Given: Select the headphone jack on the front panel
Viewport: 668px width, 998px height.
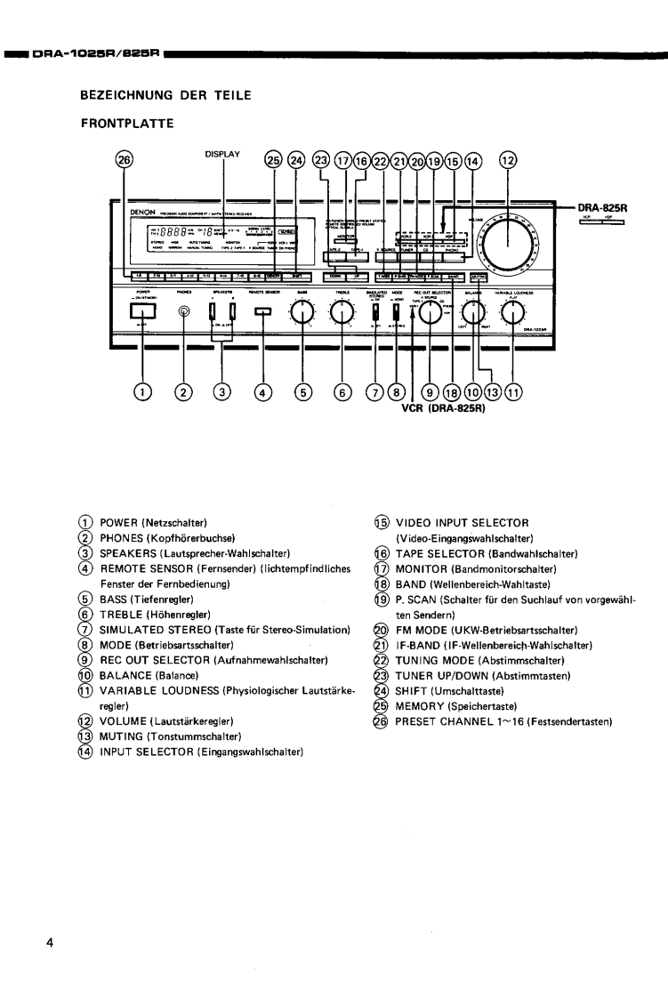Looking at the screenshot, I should coord(185,311).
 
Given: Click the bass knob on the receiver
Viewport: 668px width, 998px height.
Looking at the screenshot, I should coord(303,311).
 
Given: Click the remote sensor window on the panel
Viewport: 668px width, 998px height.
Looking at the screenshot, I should coord(262,311).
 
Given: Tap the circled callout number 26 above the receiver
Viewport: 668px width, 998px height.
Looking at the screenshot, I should coord(125,160).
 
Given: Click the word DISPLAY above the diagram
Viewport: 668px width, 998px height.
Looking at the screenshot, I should coord(223,153).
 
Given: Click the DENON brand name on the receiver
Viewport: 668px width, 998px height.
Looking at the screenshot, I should coord(144,213).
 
